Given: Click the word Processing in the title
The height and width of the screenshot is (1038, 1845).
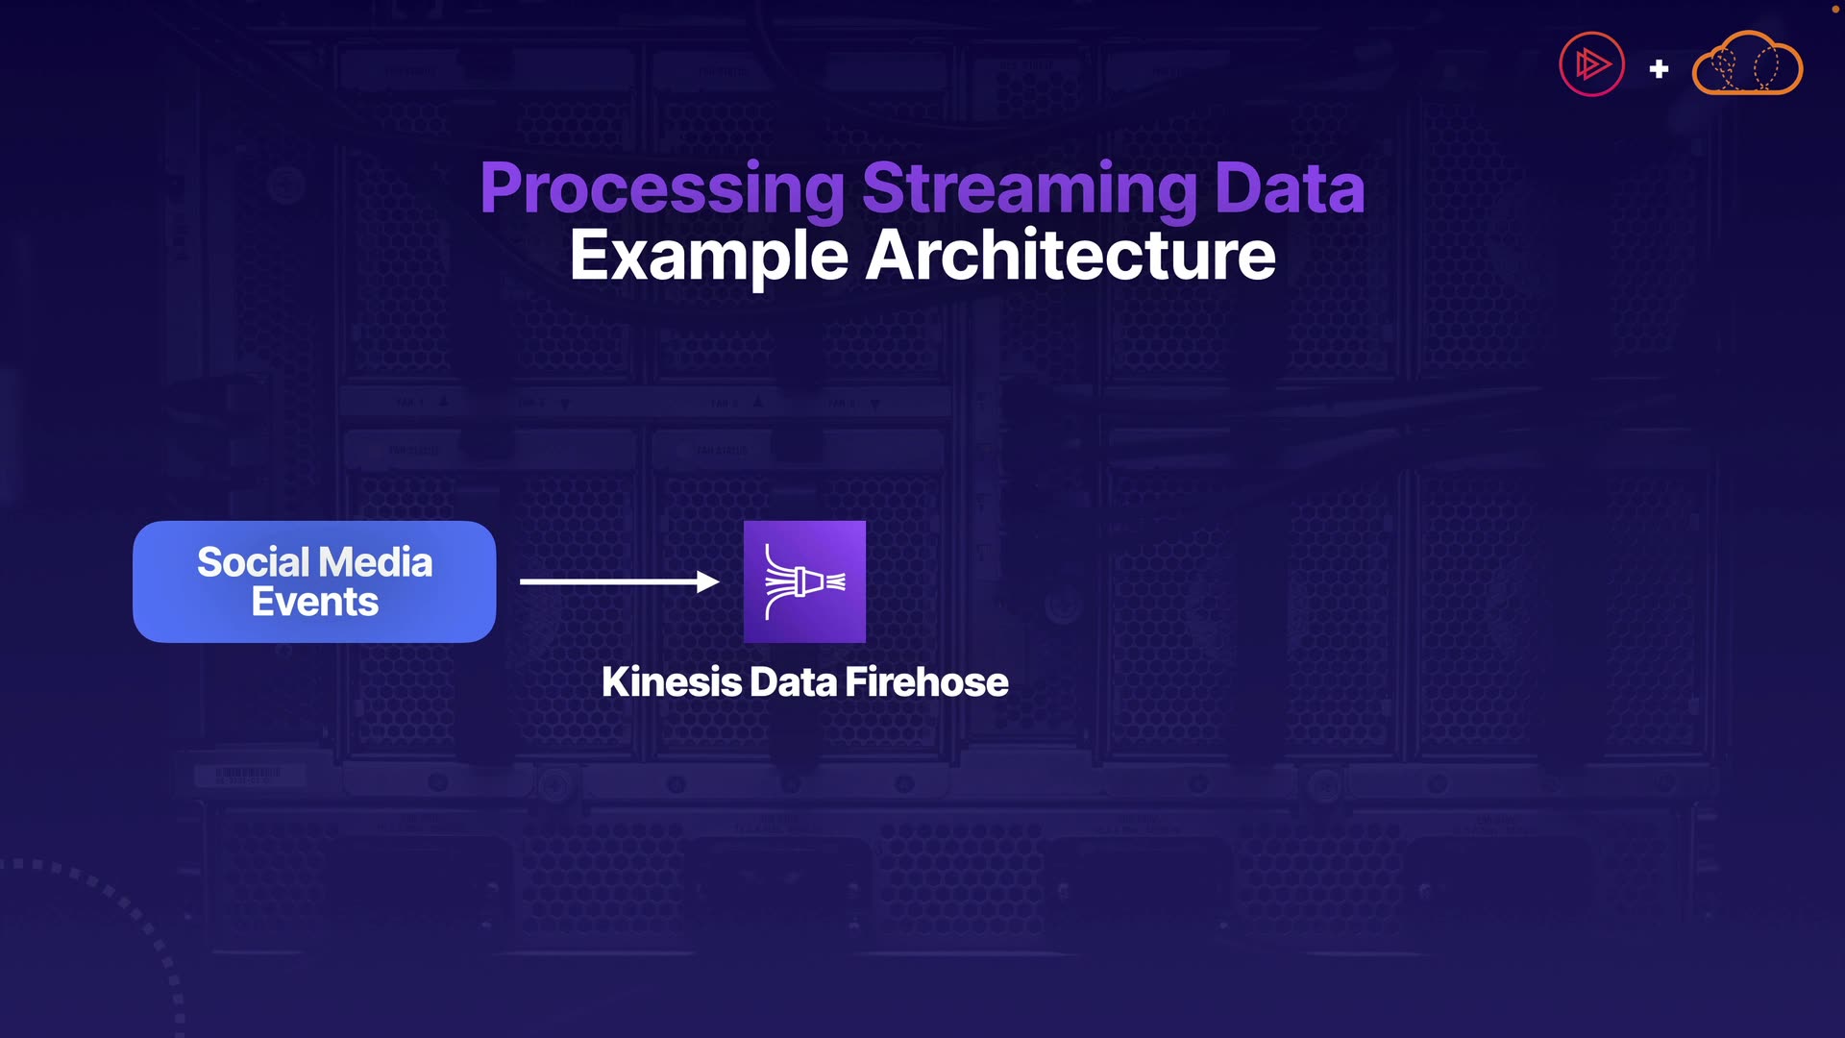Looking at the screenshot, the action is pyautogui.click(x=662, y=188).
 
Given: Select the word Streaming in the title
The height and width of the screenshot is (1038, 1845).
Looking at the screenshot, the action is pyautogui.click(x=1029, y=188).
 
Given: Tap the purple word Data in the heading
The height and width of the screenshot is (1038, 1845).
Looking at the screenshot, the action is pyautogui.click(x=1289, y=188).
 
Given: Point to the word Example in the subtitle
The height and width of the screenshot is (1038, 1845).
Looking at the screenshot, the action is pyautogui.click(x=708, y=256).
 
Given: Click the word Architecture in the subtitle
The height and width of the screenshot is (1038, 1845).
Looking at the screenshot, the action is pyautogui.click(x=1070, y=256).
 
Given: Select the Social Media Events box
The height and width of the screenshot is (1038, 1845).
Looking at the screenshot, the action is pyautogui.click(x=314, y=581).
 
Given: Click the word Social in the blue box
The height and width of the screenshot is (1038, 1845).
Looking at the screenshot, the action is pyautogui.click(x=254, y=562).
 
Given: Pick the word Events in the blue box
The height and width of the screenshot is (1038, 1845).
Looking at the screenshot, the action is pyautogui.click(x=314, y=603).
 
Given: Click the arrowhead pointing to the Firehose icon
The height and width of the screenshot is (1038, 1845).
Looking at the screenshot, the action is pyautogui.click(x=708, y=581).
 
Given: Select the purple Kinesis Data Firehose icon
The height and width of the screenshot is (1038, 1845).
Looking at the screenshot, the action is pyautogui.click(x=804, y=581).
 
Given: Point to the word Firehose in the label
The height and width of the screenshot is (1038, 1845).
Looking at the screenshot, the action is pyautogui.click(x=926, y=682).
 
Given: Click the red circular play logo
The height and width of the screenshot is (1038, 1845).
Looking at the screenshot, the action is pyautogui.click(x=1591, y=64).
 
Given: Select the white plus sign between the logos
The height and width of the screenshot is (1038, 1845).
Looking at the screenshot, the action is pyautogui.click(x=1659, y=69).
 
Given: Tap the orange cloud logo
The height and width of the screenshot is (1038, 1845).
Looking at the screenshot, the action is pyautogui.click(x=1747, y=64).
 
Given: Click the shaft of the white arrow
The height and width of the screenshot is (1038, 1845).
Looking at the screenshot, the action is pyautogui.click(x=605, y=581).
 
